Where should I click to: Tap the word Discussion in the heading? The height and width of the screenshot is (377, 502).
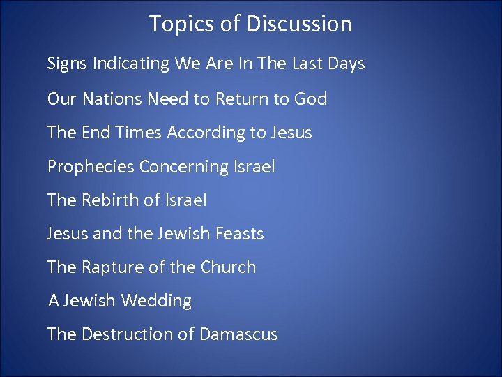point(299,24)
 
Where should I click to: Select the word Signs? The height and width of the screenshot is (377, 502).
point(68,64)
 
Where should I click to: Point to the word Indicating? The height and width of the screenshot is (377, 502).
point(132,64)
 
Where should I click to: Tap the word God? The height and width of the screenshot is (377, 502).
point(310,98)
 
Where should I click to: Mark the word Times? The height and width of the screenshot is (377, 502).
point(138,133)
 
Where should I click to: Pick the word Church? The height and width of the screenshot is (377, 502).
point(228,267)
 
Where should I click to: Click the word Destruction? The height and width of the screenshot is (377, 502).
point(126,334)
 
